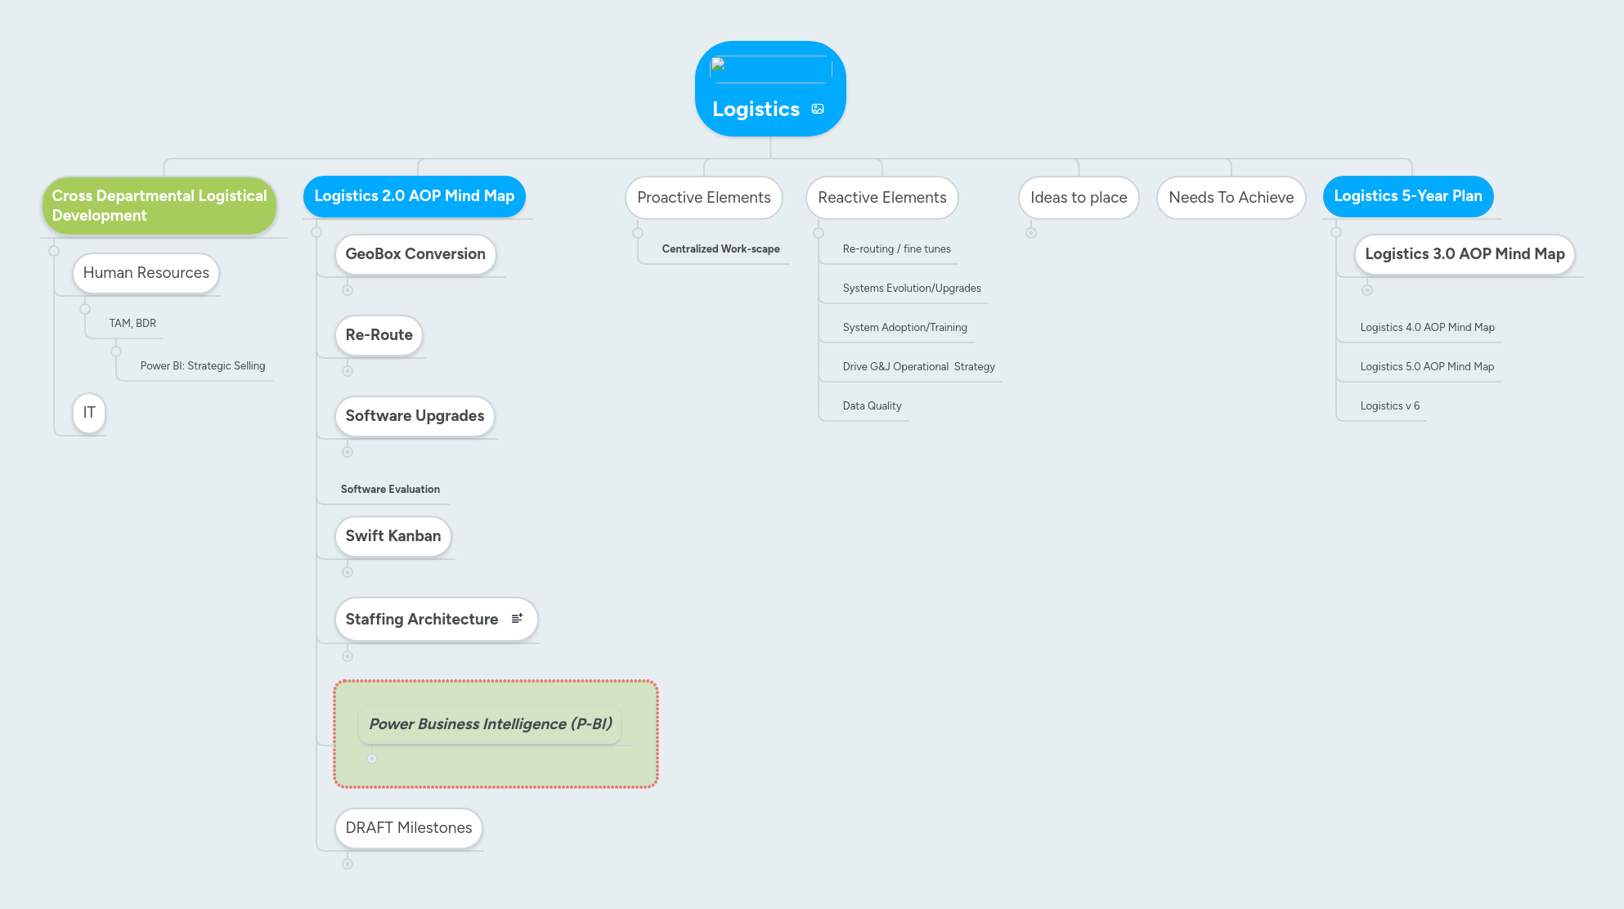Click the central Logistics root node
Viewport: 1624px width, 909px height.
click(756, 109)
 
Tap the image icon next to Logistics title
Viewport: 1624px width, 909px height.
click(818, 109)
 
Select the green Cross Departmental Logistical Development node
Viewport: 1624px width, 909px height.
click(159, 205)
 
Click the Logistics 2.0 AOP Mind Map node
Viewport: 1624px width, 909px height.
click(414, 196)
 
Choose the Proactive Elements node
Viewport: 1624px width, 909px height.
click(703, 198)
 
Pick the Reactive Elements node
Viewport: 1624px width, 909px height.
click(882, 198)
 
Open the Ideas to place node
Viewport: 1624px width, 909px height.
click(1078, 198)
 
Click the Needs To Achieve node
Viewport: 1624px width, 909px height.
click(1231, 198)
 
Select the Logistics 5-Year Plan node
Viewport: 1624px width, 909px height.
click(1407, 196)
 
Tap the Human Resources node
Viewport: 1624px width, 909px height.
click(146, 273)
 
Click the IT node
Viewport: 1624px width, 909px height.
click(89, 413)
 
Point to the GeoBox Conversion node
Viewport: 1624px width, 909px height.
click(415, 254)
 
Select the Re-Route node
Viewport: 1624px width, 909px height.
click(379, 335)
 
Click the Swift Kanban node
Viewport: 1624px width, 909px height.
click(393, 536)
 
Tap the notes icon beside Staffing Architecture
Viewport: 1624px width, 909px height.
click(517, 619)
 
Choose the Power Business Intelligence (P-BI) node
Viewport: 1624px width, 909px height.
click(490, 724)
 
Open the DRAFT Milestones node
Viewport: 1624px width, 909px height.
click(408, 828)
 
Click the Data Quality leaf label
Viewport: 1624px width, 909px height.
click(872, 406)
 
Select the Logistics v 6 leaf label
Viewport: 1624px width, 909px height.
click(1389, 406)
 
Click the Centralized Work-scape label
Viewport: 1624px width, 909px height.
click(720, 249)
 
